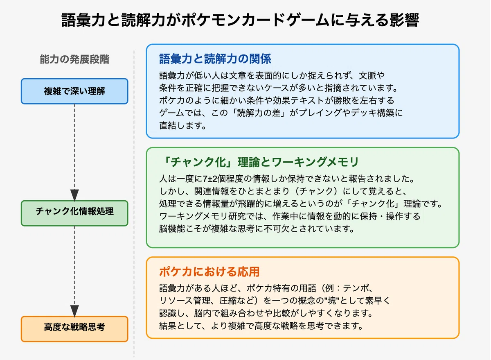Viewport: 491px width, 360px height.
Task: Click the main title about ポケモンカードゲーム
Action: pos(240,20)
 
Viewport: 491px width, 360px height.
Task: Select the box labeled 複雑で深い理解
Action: pos(74,91)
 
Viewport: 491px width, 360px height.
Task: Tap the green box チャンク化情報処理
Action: pos(74,213)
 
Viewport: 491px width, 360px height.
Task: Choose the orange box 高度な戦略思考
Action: pos(74,329)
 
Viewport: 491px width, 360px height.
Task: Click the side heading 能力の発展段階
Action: pos(74,59)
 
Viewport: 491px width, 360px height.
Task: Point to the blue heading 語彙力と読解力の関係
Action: pos(215,59)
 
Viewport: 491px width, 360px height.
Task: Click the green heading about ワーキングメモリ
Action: pos(260,162)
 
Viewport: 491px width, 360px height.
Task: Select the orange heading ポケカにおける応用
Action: pos(209,272)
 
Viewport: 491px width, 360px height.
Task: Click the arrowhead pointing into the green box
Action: pos(74,195)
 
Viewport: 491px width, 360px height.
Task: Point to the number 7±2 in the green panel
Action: pos(210,179)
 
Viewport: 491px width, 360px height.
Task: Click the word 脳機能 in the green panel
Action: pos(172,229)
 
